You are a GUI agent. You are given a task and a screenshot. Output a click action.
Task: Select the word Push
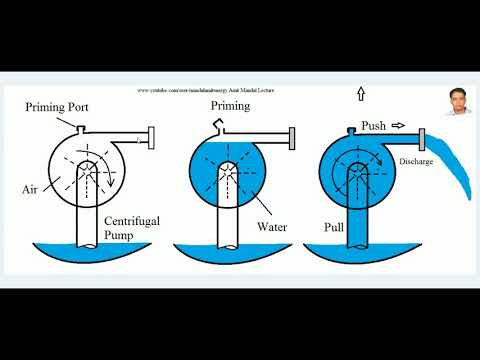click(x=373, y=126)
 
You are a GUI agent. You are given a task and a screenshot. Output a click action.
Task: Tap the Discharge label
click(x=415, y=162)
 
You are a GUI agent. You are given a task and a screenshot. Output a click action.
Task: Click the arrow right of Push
click(x=399, y=126)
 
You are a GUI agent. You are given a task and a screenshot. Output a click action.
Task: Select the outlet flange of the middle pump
click(x=290, y=137)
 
